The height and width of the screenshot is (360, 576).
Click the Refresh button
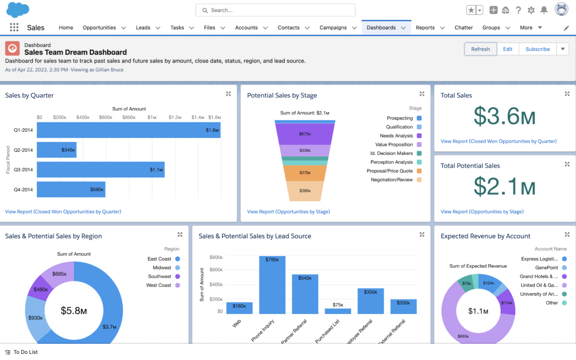click(480, 49)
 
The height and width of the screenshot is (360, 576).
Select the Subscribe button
click(537, 49)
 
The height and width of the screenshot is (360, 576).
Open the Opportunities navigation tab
click(99, 28)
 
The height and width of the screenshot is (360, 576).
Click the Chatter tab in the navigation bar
click(463, 28)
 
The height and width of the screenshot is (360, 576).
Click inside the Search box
click(276, 10)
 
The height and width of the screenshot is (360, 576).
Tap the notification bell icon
click(544, 10)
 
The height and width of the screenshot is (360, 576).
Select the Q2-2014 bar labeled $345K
click(57, 150)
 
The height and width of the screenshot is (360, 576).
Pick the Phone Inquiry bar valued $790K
click(272, 285)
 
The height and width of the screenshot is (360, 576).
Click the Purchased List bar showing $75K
click(337, 311)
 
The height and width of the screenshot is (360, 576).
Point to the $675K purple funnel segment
click(304, 134)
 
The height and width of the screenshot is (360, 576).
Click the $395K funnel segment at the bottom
click(304, 191)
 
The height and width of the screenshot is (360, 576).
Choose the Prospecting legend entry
click(400, 118)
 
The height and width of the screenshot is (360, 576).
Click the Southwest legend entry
click(160, 276)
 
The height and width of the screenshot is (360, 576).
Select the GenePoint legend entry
click(547, 268)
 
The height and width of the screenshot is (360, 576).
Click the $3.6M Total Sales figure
click(504, 116)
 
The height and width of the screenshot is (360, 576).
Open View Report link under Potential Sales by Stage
click(288, 212)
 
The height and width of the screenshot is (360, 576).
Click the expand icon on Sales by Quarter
click(228, 94)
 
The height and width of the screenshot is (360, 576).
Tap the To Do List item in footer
click(25, 352)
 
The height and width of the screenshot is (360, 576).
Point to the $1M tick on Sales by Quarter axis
click(152, 117)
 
